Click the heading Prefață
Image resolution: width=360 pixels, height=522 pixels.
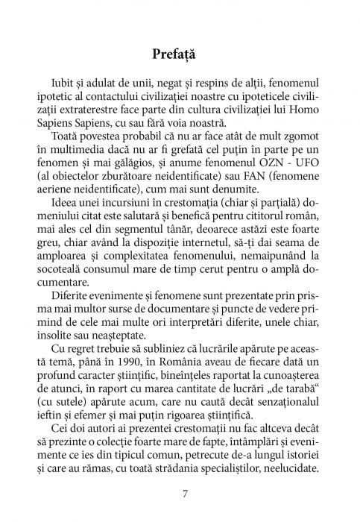180,54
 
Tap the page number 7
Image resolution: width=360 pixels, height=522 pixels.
180,494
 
